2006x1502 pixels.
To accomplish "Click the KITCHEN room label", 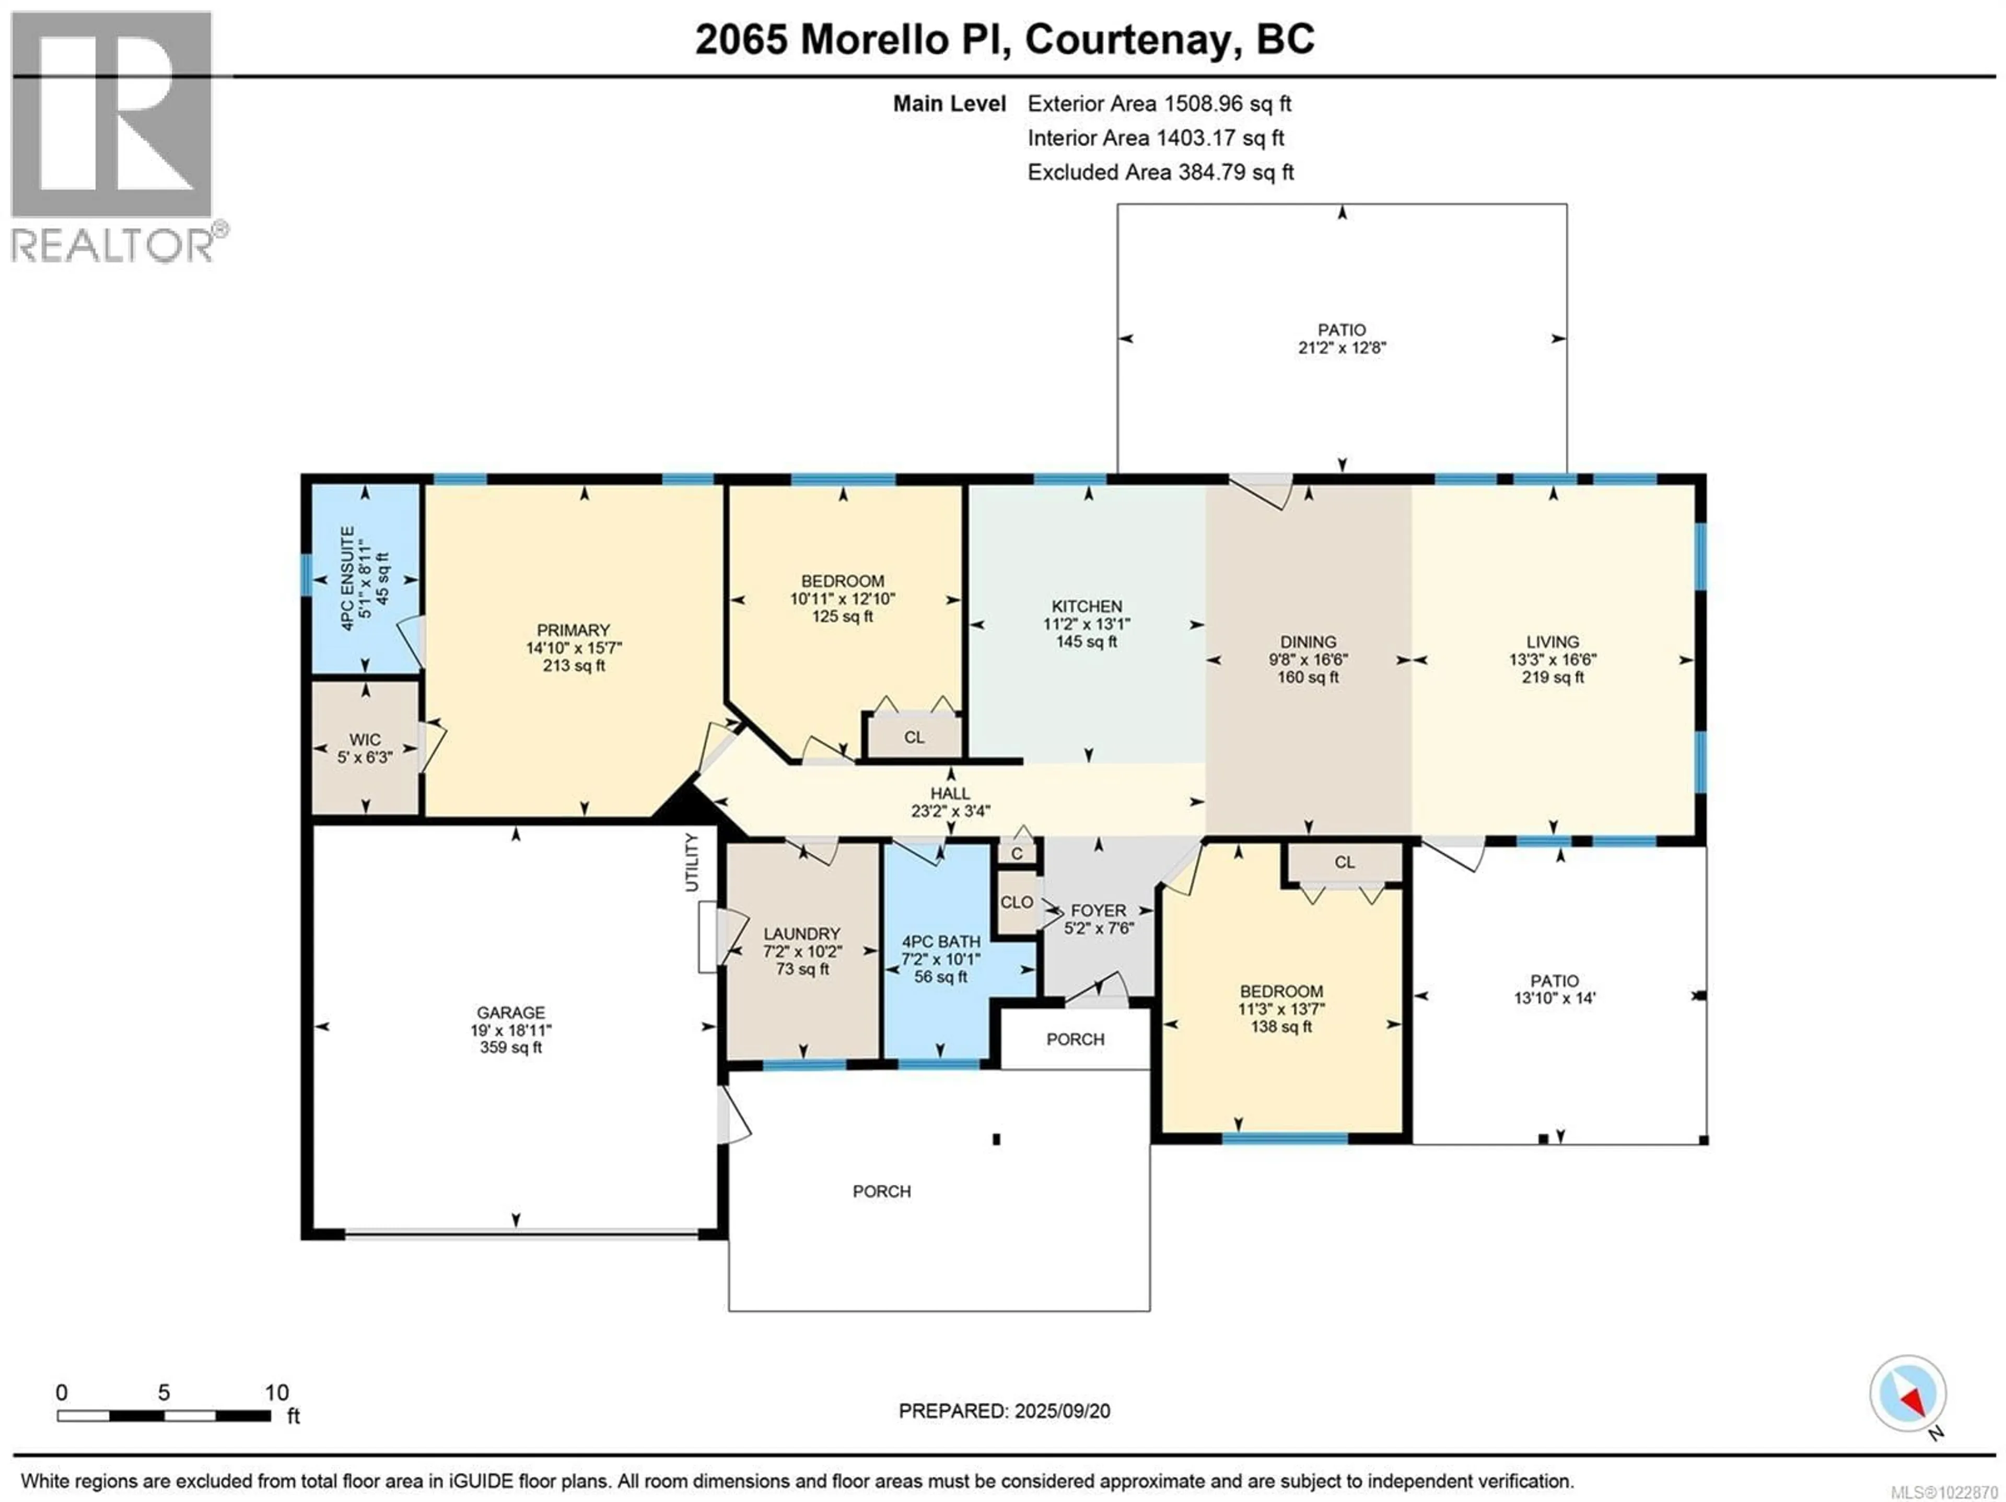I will (x=1087, y=606).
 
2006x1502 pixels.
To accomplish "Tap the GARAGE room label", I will (x=510, y=1012).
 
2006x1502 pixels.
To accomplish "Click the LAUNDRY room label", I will (x=802, y=933).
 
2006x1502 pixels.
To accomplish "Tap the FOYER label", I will (x=1098, y=910).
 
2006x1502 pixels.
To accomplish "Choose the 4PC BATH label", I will (x=940, y=941).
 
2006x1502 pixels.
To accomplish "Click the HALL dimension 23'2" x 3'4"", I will (x=950, y=811).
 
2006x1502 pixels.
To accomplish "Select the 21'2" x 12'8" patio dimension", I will (x=1342, y=347).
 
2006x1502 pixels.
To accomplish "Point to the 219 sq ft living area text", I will (x=1553, y=677).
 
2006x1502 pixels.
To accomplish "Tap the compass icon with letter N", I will (x=1907, y=1393).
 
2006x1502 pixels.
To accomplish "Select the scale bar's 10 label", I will (x=276, y=1392).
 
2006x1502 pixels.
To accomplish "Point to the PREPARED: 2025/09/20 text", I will (x=1004, y=1411).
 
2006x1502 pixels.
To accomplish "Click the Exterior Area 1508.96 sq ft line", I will (x=1159, y=103).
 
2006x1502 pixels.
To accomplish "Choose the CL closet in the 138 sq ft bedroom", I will (x=1344, y=861).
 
